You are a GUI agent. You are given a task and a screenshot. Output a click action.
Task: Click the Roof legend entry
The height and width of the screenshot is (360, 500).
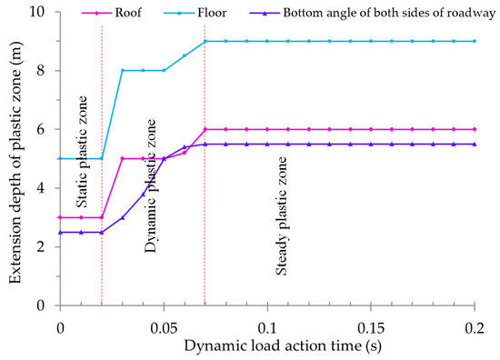point(132,15)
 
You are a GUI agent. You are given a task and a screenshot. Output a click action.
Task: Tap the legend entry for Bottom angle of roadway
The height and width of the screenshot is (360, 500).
point(373,15)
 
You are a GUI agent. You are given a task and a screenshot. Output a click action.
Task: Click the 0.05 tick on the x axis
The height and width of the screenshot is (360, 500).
point(164,325)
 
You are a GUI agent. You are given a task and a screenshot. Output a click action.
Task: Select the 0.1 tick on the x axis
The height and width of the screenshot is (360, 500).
point(267,325)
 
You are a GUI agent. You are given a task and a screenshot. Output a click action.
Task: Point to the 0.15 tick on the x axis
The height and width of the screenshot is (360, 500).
point(371,325)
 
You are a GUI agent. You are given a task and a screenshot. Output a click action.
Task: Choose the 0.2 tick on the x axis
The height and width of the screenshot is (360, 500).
point(475,325)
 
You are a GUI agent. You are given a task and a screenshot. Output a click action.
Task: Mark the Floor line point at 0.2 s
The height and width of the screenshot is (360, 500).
point(475,41)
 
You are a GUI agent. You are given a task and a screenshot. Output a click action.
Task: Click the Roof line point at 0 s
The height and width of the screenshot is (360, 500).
point(60,217)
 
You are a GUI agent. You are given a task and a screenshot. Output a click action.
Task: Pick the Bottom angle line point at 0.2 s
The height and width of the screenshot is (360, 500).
point(475,144)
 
